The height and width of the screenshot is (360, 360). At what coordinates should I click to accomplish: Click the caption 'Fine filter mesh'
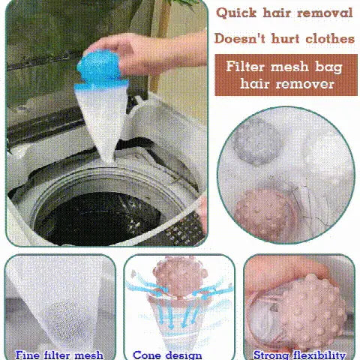pyautogui.click(x=59, y=355)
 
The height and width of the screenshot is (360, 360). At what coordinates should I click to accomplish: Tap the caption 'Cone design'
pyautogui.click(x=167, y=355)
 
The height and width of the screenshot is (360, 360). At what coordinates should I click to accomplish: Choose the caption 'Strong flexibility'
pyautogui.click(x=299, y=355)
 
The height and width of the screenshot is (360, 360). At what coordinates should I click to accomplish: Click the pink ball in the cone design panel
pyautogui.click(x=180, y=275)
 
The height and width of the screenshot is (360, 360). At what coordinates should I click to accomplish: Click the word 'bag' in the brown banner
pyautogui.click(x=328, y=67)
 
